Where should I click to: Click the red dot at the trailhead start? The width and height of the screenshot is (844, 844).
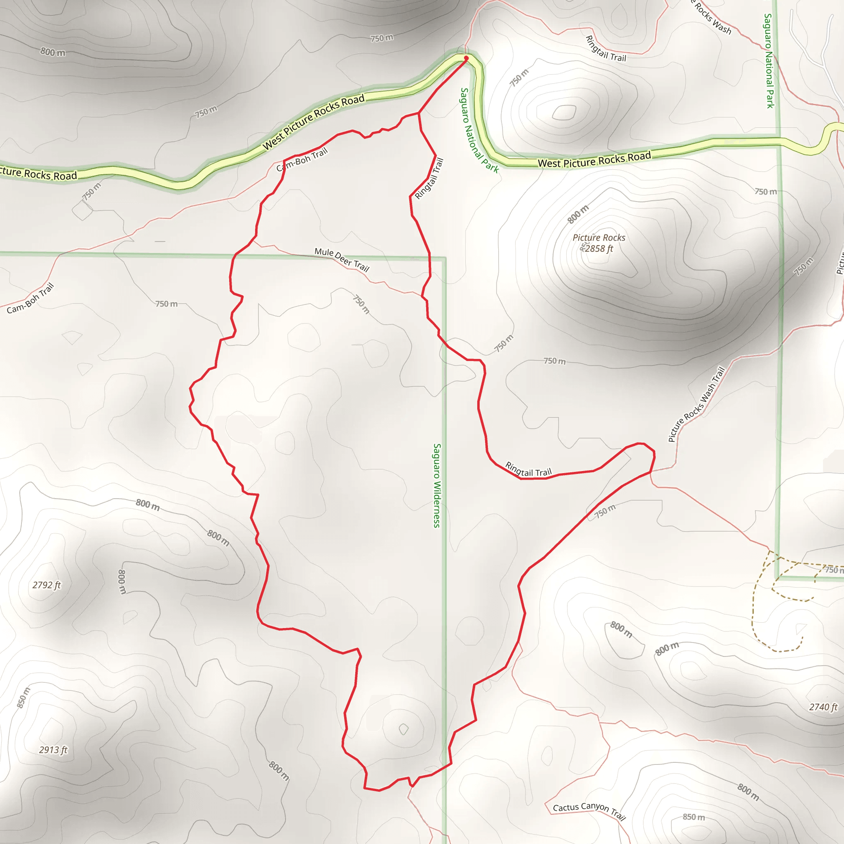[x=466, y=58]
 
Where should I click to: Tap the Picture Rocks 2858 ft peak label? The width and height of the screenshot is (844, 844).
[x=598, y=243]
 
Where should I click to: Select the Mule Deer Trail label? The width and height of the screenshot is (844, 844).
[x=342, y=260]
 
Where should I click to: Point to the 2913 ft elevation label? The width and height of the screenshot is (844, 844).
[x=53, y=750]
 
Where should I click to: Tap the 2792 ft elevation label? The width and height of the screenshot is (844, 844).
[x=46, y=585]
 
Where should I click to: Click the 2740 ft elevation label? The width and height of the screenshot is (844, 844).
[x=823, y=707]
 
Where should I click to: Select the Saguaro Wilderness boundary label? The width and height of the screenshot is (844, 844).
[x=437, y=485]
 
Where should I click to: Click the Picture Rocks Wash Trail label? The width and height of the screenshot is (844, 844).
[x=696, y=404]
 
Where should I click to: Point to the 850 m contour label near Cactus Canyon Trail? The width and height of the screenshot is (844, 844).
[x=694, y=817]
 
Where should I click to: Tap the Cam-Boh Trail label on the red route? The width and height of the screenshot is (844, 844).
[x=302, y=160]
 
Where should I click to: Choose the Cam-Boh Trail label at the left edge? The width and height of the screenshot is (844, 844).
[x=30, y=298]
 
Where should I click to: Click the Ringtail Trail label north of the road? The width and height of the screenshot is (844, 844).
[x=605, y=48]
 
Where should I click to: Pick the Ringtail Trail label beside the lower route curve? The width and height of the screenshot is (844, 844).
[x=529, y=469]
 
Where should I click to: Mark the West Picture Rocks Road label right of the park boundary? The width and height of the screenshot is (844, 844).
[x=594, y=160]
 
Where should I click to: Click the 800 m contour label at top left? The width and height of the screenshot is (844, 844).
[x=53, y=52]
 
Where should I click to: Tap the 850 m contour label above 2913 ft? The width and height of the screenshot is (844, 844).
[x=23, y=697]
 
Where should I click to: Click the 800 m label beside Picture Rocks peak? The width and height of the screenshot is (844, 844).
[x=578, y=214]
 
